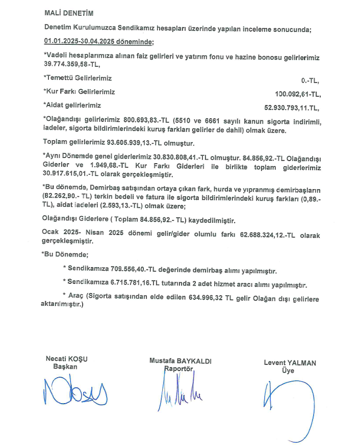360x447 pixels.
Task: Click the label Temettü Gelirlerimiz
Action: tap(78, 78)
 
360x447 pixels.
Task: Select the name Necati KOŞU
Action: tap(66, 359)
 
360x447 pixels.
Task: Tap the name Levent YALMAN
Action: tap(290, 363)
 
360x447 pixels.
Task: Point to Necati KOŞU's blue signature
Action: tap(74, 390)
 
